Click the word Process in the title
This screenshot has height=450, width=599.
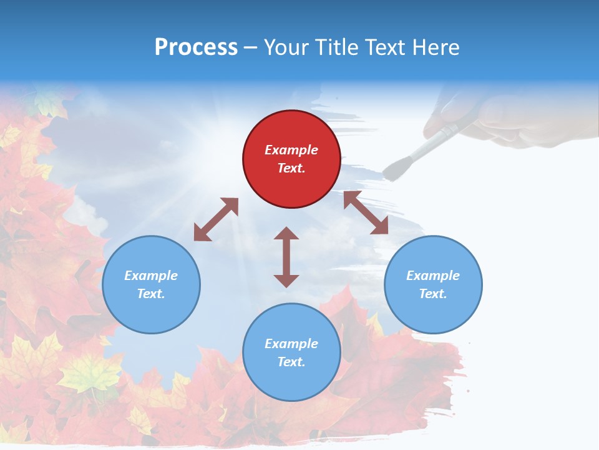pos(196,47)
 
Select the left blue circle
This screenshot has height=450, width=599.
pos(151,312)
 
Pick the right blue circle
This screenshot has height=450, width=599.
pos(433,312)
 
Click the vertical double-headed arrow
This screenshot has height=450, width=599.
pos(286,257)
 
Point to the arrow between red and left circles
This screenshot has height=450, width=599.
pos(216,219)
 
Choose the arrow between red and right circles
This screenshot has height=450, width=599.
pos(366,212)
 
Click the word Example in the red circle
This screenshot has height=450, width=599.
pos(291,150)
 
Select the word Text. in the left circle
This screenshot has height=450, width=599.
pos(151,294)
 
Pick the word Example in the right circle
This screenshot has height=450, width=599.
pos(433,276)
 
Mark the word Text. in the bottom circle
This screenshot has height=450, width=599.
pos(291,362)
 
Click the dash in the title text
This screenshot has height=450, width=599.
pos(251,47)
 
